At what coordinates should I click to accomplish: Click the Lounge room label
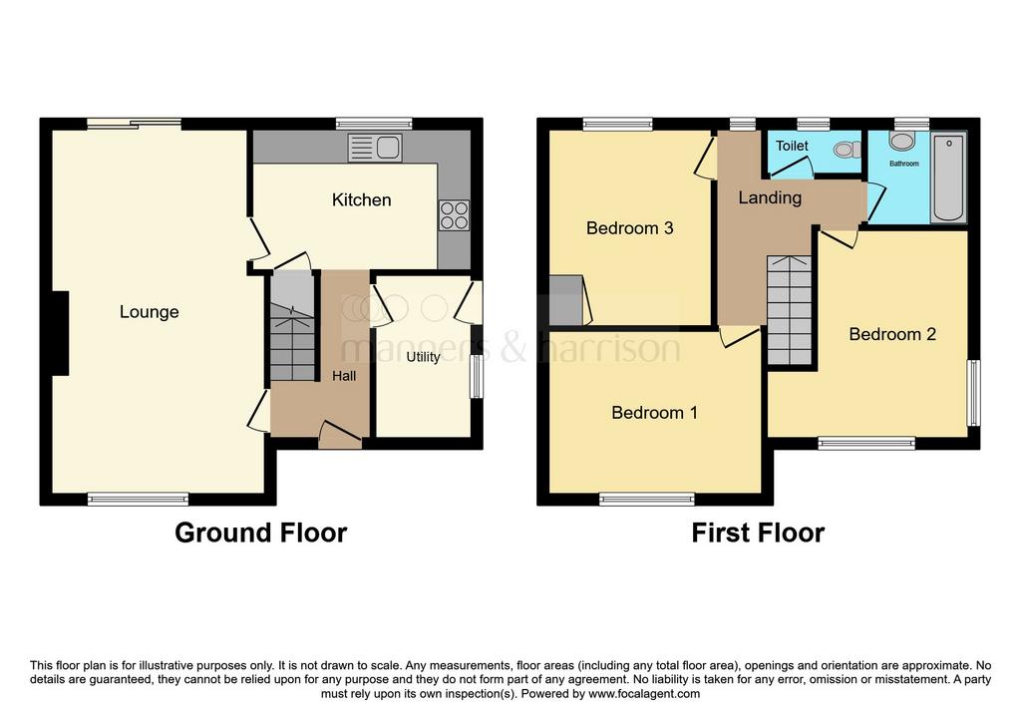click(x=150, y=312)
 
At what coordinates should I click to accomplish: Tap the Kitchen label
click(x=361, y=199)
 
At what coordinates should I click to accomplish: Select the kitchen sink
click(x=375, y=148)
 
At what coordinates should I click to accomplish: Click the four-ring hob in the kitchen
click(x=454, y=215)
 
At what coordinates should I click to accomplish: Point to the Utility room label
click(x=423, y=357)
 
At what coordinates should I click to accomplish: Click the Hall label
click(x=344, y=376)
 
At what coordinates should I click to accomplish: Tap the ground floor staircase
click(x=292, y=326)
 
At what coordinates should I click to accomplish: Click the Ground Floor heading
click(x=260, y=533)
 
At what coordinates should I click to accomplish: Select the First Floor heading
click(x=758, y=533)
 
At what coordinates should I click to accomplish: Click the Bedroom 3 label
click(x=630, y=228)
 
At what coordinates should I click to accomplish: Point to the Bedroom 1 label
click(x=654, y=413)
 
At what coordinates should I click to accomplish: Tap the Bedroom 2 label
click(x=892, y=334)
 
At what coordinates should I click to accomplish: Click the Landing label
click(x=770, y=197)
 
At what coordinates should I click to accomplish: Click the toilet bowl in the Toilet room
click(x=847, y=150)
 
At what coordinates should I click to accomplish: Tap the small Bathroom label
click(x=904, y=164)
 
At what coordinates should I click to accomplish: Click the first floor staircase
click(x=790, y=310)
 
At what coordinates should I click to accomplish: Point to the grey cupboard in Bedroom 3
click(x=566, y=300)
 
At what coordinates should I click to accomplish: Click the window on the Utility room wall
click(x=478, y=376)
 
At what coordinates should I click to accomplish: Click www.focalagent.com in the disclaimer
click(x=644, y=694)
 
